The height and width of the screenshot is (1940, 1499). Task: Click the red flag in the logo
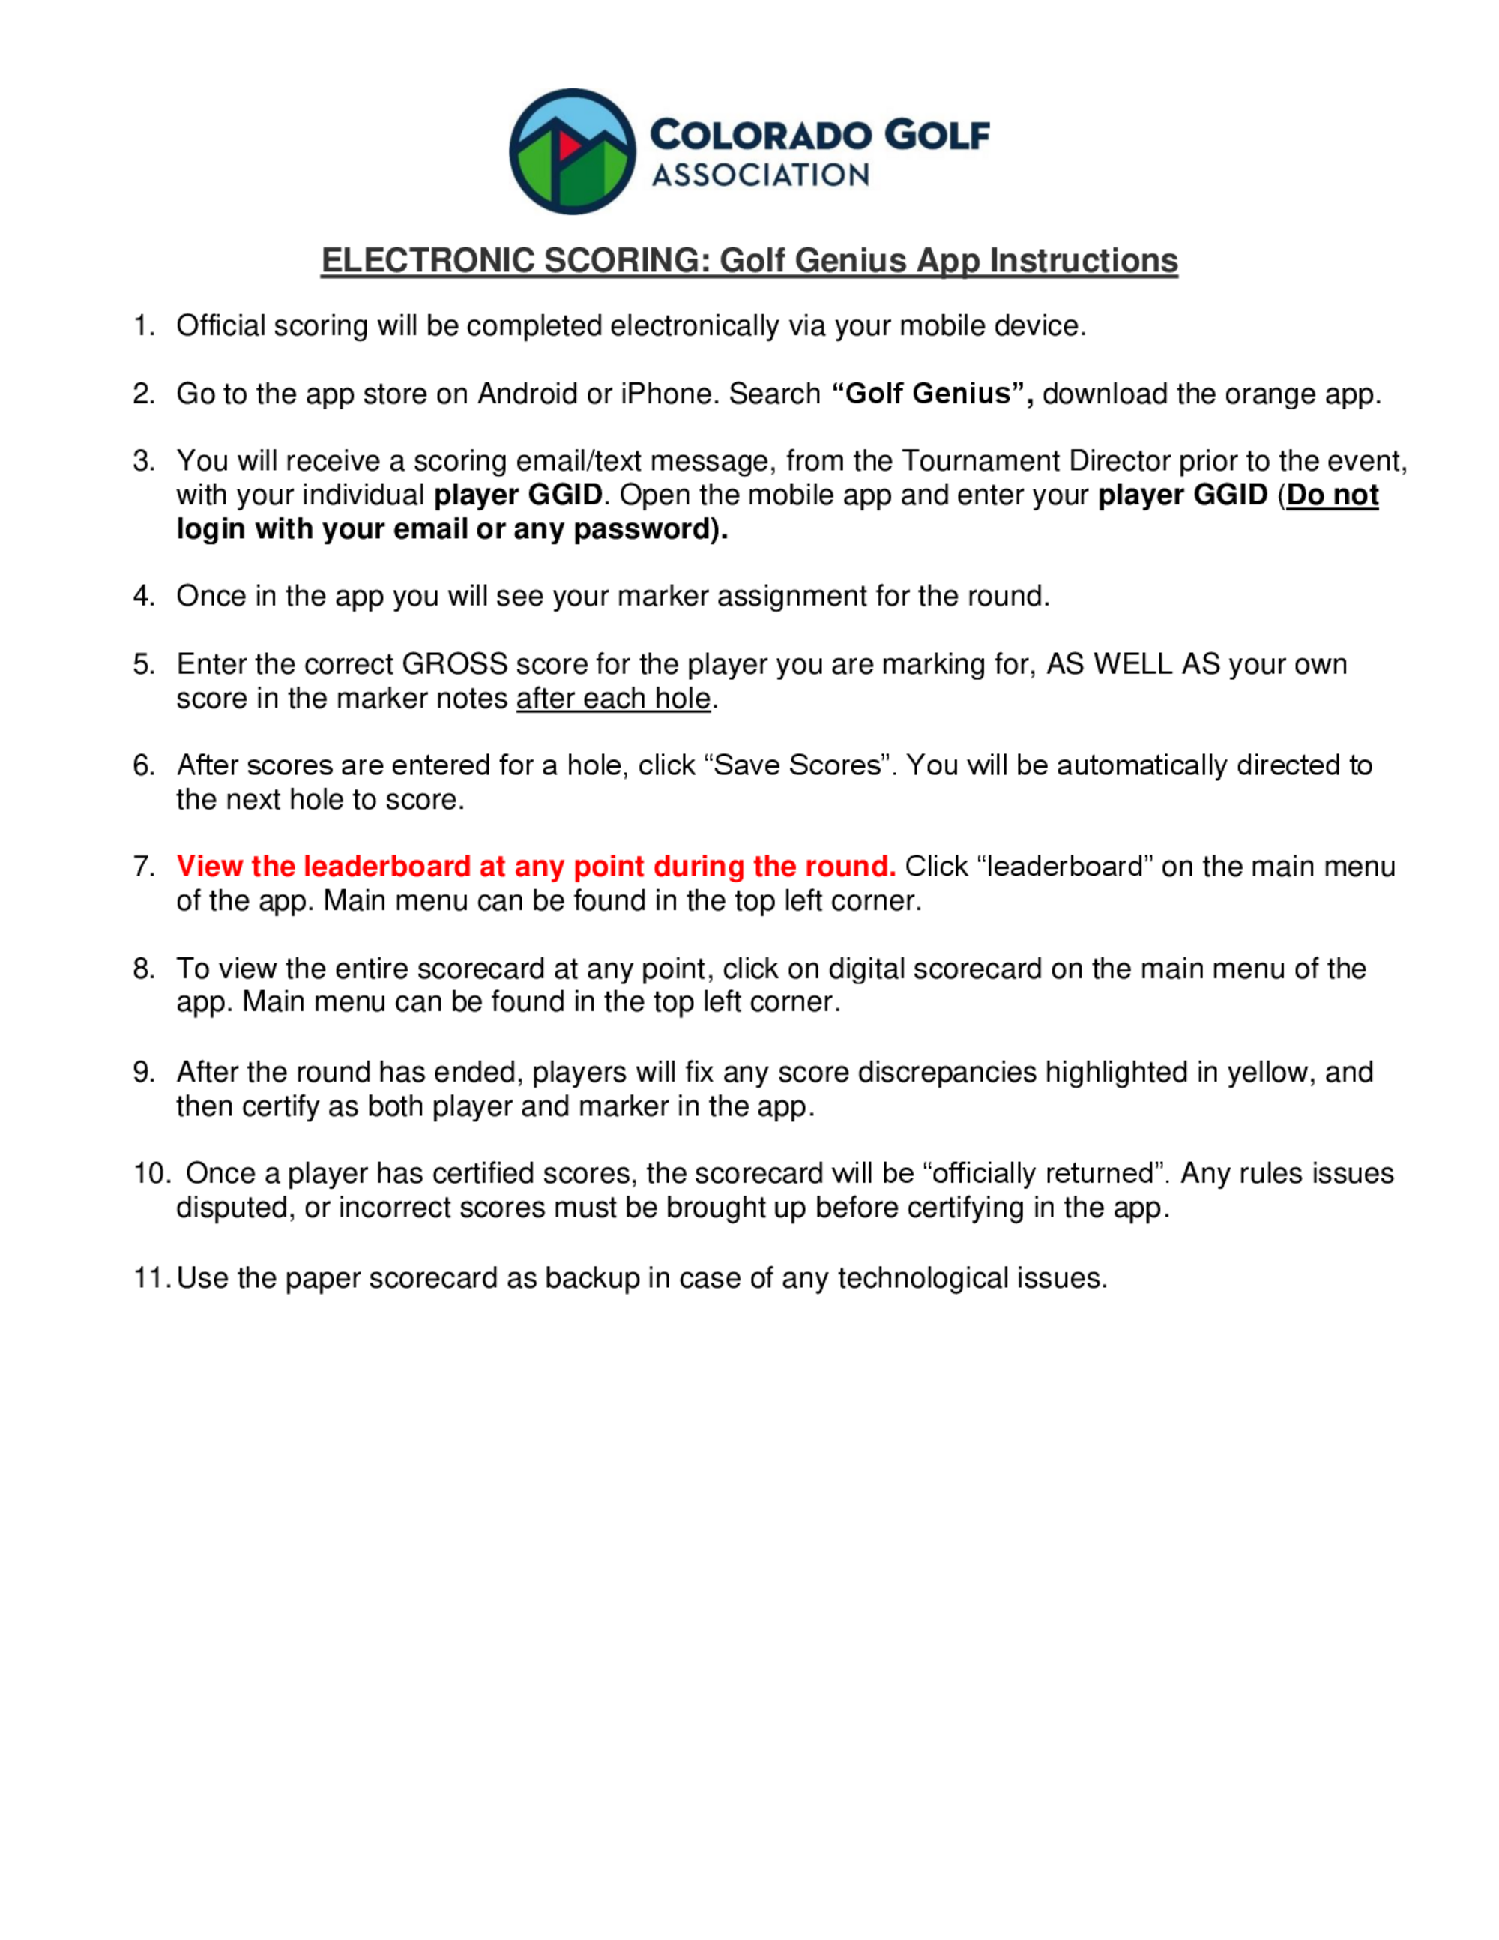coord(568,145)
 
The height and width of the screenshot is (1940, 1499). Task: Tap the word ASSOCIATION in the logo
coord(760,175)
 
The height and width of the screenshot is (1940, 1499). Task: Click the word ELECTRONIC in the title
coord(427,260)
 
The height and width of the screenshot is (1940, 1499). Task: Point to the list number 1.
coord(143,326)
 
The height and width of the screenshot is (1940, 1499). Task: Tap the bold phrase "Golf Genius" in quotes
coord(932,394)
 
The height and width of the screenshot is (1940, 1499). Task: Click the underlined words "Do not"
coord(1332,495)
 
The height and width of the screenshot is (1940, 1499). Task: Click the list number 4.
coord(143,596)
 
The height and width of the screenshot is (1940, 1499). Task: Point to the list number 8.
coord(143,969)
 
